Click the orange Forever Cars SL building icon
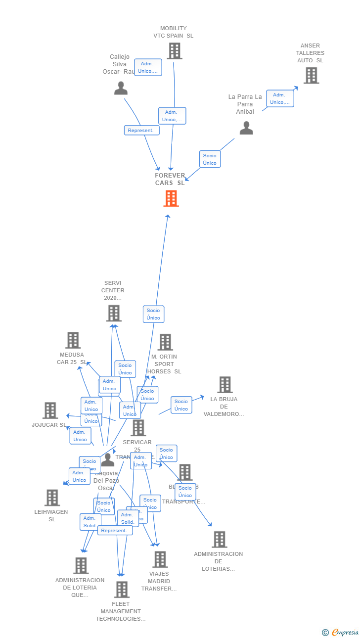coord(171,198)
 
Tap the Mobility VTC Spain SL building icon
coord(174,51)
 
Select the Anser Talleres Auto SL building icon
coord(311,76)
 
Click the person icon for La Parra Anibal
coord(246,128)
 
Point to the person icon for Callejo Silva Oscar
coord(121,88)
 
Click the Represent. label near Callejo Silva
coord(141,131)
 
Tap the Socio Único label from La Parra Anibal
coord(210,159)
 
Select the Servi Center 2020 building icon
coord(114,313)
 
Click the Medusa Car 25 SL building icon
coord(73,340)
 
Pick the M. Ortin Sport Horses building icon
coord(165,342)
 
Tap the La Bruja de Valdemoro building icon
coord(225,385)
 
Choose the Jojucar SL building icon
coord(50,410)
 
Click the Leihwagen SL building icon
coord(52,498)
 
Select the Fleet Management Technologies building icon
coord(122,590)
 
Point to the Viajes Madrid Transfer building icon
coord(160,560)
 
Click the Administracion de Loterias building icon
coord(219,540)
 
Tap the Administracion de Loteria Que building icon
coord(81,566)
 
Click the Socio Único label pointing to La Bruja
coord(181,405)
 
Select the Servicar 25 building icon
coord(138,428)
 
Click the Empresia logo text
coord(346,633)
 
